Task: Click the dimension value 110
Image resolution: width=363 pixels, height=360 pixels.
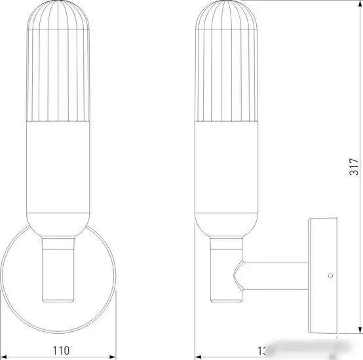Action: tap(60, 350)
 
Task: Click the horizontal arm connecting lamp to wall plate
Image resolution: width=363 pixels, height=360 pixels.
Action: tap(275, 275)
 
